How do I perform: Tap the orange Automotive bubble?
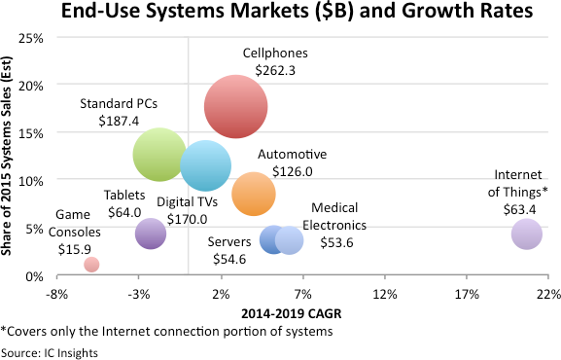[x=254, y=194]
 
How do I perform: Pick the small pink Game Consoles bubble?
[x=91, y=264]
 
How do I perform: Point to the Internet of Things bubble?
[x=526, y=234]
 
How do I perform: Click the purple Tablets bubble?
[x=150, y=233]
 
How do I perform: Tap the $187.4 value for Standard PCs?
[x=120, y=120]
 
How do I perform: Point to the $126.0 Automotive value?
[x=292, y=172]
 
